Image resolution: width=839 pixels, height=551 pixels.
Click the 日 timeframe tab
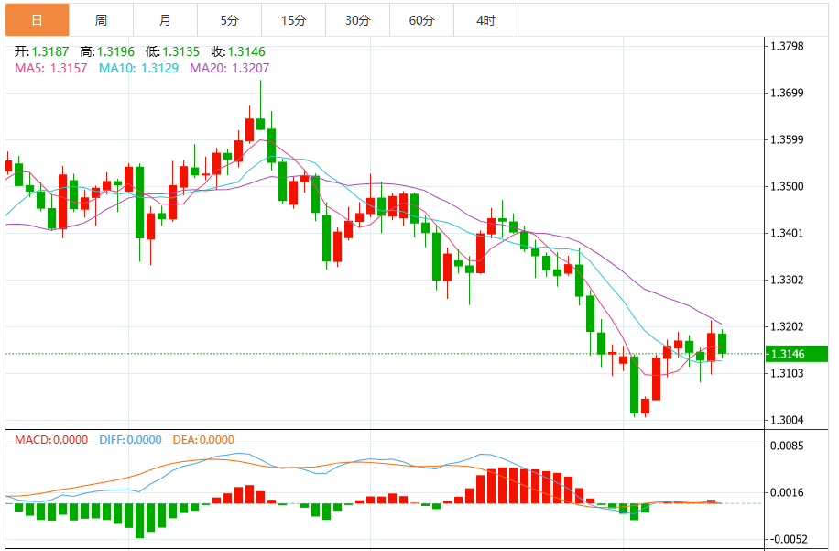[x=36, y=19]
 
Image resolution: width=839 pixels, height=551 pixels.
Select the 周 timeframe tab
[x=101, y=19]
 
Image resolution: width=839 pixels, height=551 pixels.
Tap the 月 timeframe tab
[x=165, y=19]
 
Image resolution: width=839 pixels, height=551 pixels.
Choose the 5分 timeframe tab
[x=229, y=19]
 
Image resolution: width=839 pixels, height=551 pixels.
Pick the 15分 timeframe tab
[x=293, y=19]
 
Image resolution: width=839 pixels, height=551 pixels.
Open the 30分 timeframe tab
[x=357, y=19]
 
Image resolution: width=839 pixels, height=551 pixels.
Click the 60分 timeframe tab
[x=421, y=19]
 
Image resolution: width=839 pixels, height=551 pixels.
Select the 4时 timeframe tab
[x=485, y=19]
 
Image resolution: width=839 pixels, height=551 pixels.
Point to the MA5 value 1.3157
[x=69, y=68]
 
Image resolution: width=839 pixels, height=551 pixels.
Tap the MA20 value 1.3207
[x=250, y=68]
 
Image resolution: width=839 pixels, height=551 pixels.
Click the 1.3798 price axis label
[x=787, y=46]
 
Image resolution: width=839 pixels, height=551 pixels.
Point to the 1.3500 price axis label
[x=787, y=186]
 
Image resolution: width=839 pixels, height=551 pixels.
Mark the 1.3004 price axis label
[x=787, y=420]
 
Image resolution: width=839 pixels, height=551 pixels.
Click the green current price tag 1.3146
[x=795, y=354]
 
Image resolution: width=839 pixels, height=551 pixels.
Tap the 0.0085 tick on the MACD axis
[x=787, y=446]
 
